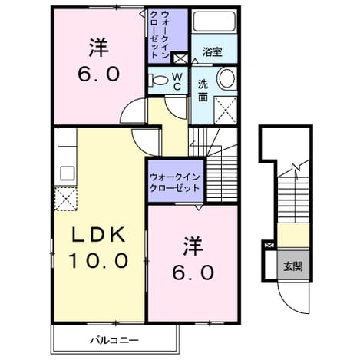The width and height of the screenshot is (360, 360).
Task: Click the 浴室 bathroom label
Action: point(212,52)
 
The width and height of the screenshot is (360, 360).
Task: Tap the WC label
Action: point(177,81)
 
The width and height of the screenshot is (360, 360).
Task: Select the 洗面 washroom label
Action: point(203,91)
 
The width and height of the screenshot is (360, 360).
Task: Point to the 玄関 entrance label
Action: point(293,266)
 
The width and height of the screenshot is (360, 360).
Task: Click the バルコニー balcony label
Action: point(114,340)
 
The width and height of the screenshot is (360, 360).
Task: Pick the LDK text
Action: point(98,235)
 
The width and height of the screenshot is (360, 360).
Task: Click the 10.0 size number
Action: point(98,260)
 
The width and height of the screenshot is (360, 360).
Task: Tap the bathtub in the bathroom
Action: point(214,21)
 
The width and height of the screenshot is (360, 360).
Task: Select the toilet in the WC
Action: point(159,81)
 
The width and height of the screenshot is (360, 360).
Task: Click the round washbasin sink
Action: point(226,78)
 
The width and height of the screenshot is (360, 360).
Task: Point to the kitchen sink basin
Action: point(68,173)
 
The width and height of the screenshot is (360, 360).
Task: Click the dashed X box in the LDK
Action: point(66,199)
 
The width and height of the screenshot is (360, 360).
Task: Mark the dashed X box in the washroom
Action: point(226,110)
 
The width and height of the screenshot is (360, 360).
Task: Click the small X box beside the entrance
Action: point(269,246)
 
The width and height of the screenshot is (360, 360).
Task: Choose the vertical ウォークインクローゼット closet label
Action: point(159,35)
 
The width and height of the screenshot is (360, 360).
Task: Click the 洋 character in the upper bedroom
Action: point(98,48)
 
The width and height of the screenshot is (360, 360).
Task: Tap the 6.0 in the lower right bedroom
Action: point(193,272)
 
